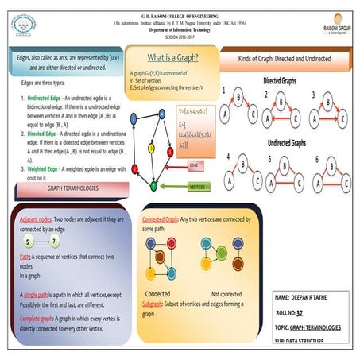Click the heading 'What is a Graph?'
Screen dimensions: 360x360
pos(171,58)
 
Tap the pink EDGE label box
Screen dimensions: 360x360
pos(194,165)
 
